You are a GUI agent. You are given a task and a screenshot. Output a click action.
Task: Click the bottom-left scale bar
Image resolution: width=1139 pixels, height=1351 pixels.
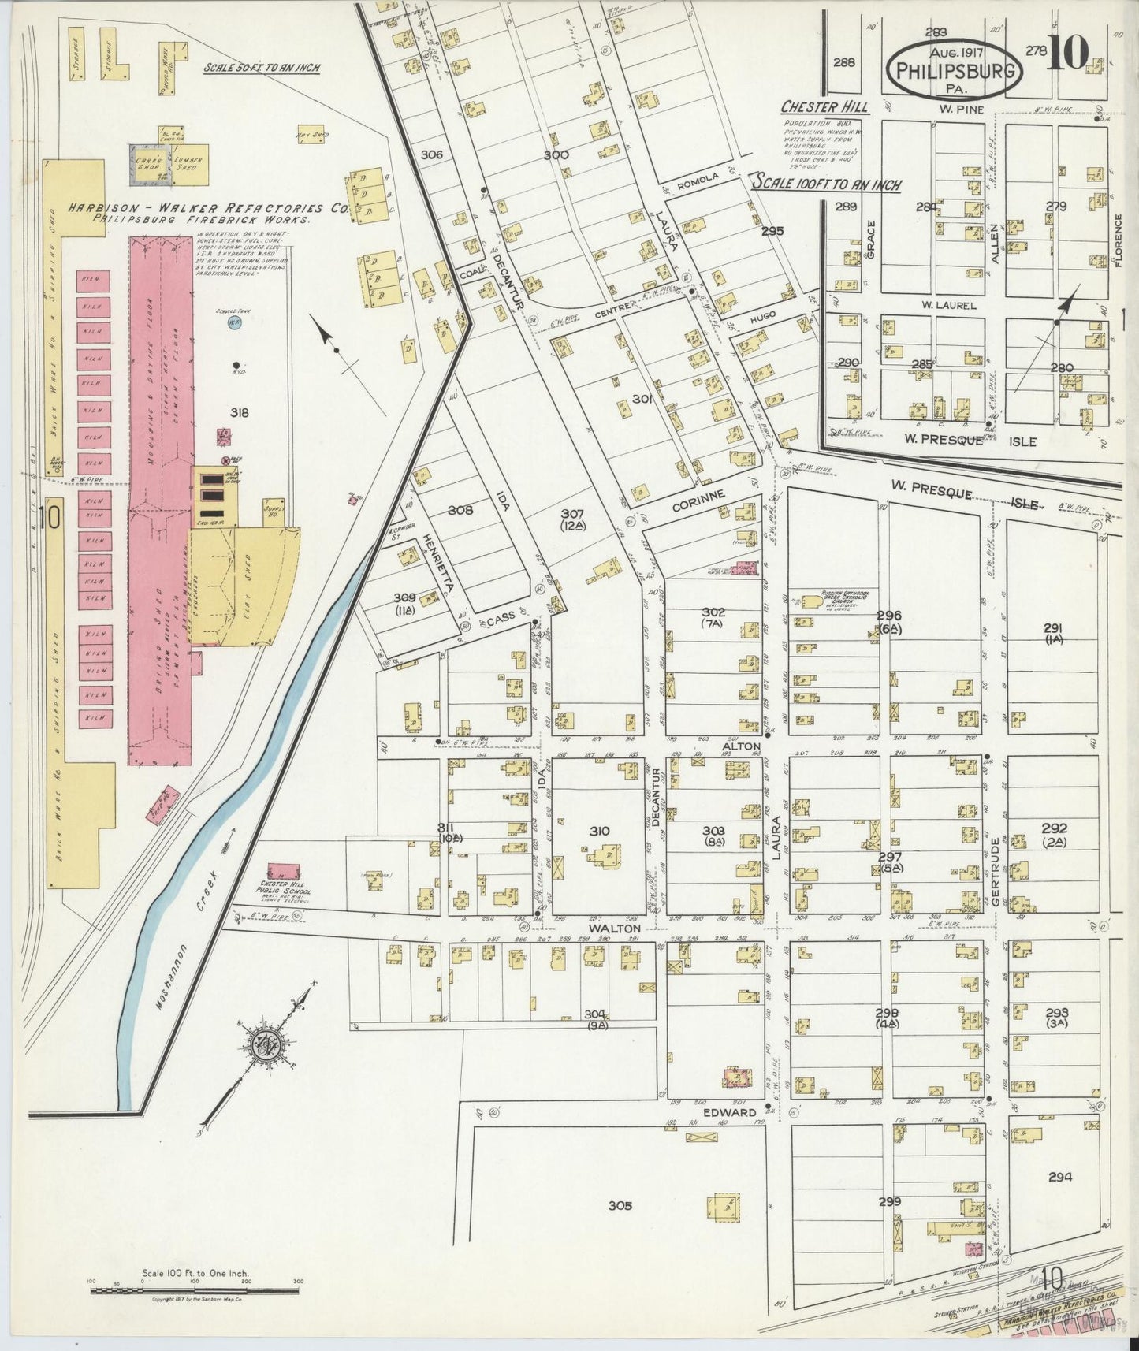tap(194, 1290)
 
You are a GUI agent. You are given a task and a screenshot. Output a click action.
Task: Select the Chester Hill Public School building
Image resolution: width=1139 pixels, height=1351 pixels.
tap(284, 872)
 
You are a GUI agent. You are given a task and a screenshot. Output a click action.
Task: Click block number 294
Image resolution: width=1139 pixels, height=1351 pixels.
tap(1060, 1178)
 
